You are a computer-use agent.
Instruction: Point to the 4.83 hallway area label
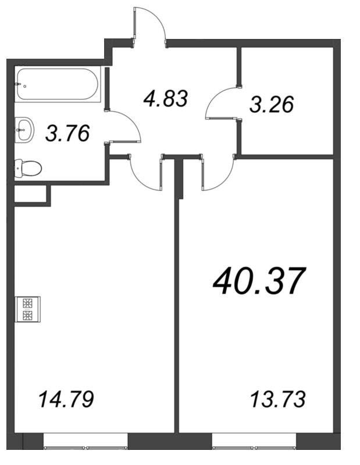pyautogui.click(x=166, y=98)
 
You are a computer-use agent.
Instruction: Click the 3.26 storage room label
pyautogui.click(x=272, y=105)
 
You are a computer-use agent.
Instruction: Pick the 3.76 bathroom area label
pyautogui.click(x=67, y=134)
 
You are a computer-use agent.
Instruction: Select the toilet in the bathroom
pyautogui.click(x=27, y=169)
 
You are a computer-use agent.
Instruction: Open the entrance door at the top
pyautogui.click(x=150, y=23)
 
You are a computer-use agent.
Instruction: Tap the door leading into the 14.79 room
pyautogui.click(x=144, y=171)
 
